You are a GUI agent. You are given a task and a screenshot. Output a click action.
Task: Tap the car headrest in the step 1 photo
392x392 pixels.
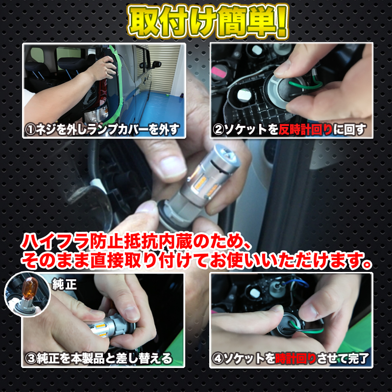tap(69, 64)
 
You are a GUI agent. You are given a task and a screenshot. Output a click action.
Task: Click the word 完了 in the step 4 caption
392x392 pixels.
tap(355, 359)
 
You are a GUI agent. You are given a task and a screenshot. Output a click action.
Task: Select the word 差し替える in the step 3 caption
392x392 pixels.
tap(147, 359)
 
